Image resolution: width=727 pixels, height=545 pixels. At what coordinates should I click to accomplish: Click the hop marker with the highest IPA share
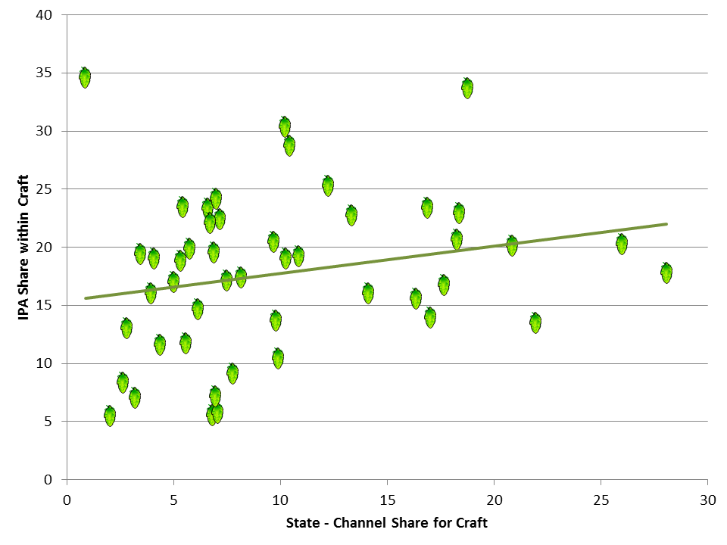[85, 77]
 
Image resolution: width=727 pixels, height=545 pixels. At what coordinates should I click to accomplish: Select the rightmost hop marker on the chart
[666, 273]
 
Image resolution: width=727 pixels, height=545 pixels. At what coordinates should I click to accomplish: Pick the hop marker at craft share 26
[622, 244]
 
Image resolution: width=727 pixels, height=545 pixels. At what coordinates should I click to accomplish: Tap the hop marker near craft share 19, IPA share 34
[467, 88]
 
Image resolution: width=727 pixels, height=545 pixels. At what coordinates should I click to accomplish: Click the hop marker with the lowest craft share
[85, 77]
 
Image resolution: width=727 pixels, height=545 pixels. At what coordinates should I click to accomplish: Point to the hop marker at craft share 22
[535, 322]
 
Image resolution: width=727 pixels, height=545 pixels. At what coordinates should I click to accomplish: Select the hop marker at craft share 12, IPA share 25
[328, 186]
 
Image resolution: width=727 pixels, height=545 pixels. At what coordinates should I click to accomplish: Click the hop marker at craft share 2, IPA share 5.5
[110, 416]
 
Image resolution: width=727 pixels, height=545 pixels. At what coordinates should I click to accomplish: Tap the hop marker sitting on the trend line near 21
[512, 245]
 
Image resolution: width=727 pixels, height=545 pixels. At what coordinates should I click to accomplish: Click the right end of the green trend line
[666, 224]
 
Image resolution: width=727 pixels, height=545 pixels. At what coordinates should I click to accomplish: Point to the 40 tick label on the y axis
[44, 15]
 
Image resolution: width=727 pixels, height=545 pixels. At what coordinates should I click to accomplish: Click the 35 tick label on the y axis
[44, 73]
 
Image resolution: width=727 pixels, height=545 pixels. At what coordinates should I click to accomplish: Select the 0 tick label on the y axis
[48, 480]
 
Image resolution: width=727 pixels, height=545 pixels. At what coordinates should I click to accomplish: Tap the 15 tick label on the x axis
[388, 500]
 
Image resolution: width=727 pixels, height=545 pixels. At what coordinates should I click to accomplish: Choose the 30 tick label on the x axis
[708, 500]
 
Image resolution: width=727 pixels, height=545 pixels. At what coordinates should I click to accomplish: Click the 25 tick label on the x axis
[601, 500]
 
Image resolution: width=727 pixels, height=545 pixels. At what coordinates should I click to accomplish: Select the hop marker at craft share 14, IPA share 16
[368, 294]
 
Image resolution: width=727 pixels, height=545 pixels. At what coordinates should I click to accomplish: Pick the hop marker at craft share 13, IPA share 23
[351, 216]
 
